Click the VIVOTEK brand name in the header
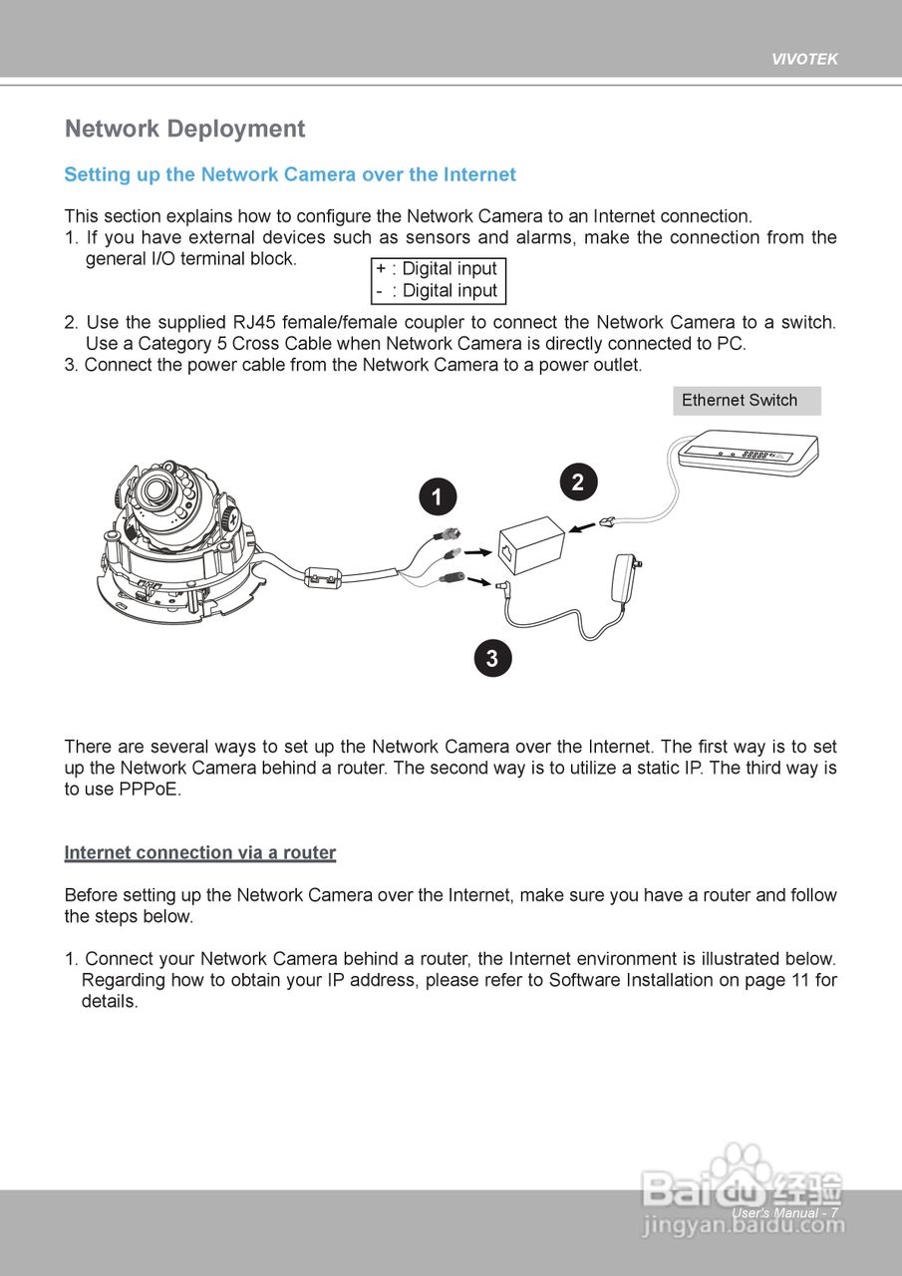(804, 59)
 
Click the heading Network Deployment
(184, 130)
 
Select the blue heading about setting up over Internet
(290, 175)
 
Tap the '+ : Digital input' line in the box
(437, 269)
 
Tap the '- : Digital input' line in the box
(437, 291)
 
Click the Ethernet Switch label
(740, 401)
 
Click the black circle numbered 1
(438, 496)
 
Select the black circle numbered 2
(578, 482)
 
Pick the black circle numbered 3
(492, 658)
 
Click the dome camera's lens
(153, 489)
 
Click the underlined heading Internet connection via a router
(200, 853)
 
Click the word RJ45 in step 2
(255, 323)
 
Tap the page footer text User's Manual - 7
(783, 1213)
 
